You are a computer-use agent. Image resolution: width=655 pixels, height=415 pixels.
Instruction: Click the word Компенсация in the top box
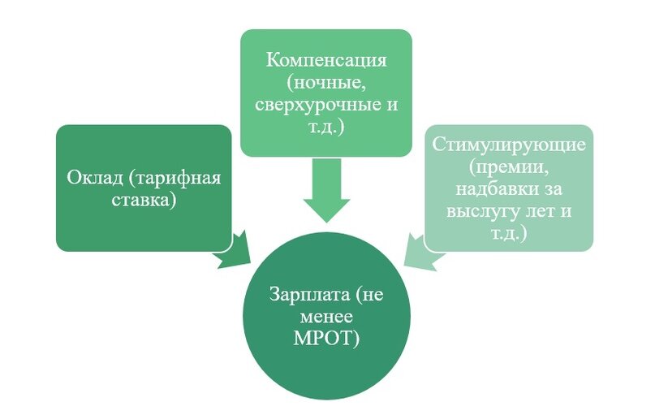click(x=326, y=62)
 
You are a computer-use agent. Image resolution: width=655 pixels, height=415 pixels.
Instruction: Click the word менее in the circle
click(x=325, y=317)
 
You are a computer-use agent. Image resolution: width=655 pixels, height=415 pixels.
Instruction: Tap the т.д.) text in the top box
click(x=326, y=129)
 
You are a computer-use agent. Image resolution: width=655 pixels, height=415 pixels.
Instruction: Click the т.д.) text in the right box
click(x=508, y=233)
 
